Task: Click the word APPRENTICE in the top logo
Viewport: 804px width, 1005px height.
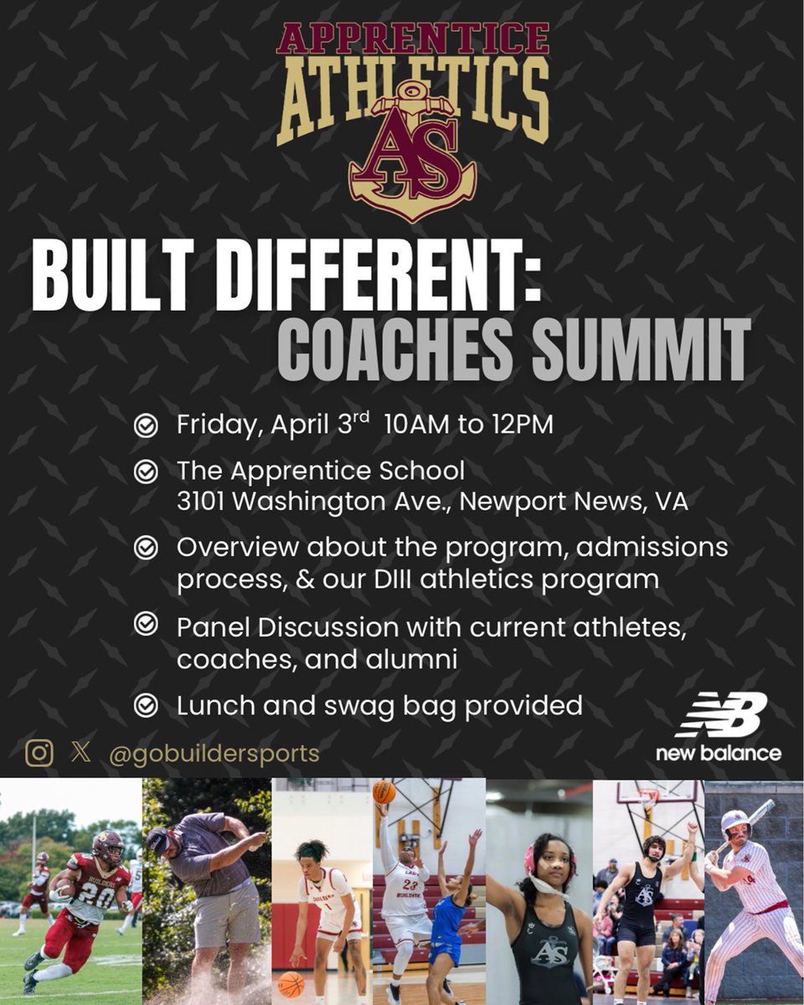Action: tap(413, 39)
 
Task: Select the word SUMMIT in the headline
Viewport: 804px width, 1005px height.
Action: tap(642, 344)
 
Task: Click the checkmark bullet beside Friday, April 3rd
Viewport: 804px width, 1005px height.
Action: tap(146, 425)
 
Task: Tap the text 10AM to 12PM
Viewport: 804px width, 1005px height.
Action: tap(469, 425)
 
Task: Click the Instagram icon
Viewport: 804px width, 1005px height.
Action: tap(39, 752)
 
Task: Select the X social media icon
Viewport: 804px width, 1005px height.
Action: tap(81, 752)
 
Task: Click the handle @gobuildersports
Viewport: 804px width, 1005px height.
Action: tap(214, 753)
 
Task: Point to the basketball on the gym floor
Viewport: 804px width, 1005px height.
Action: tap(291, 983)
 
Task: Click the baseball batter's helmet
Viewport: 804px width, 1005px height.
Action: tap(735, 822)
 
